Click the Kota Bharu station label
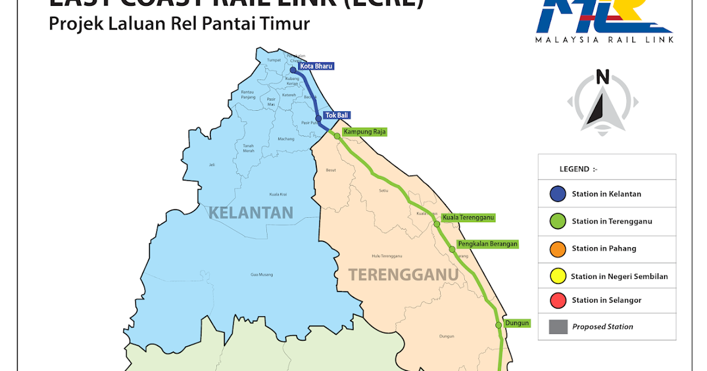click(316, 67)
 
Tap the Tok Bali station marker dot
click(319, 118)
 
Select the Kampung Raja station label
click(364, 132)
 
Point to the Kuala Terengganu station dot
click(437, 224)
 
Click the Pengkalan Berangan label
click(488, 244)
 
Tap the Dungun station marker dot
click(498, 325)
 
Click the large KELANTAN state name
click(250, 212)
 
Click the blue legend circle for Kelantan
click(557, 194)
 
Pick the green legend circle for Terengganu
click(557, 221)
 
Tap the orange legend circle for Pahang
click(557, 249)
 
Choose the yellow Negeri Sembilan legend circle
click(557, 276)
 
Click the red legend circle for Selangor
click(557, 300)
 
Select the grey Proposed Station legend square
click(557, 327)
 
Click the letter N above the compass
click(602, 77)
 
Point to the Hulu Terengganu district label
click(386, 256)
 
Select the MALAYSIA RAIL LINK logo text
click(604, 40)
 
